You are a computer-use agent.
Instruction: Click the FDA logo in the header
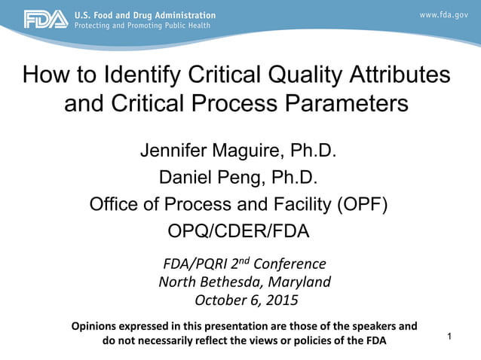[44, 20]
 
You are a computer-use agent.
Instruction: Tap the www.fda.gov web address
[444, 15]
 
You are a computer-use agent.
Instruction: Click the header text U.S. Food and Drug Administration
[145, 15]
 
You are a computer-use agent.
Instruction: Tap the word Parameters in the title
[341, 103]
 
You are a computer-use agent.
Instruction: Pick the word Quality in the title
[291, 75]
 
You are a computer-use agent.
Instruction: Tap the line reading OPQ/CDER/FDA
[238, 231]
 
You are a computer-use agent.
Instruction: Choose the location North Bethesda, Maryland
[244, 282]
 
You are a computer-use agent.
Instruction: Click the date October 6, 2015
[246, 301]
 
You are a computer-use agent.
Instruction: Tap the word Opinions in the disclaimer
[99, 327]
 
